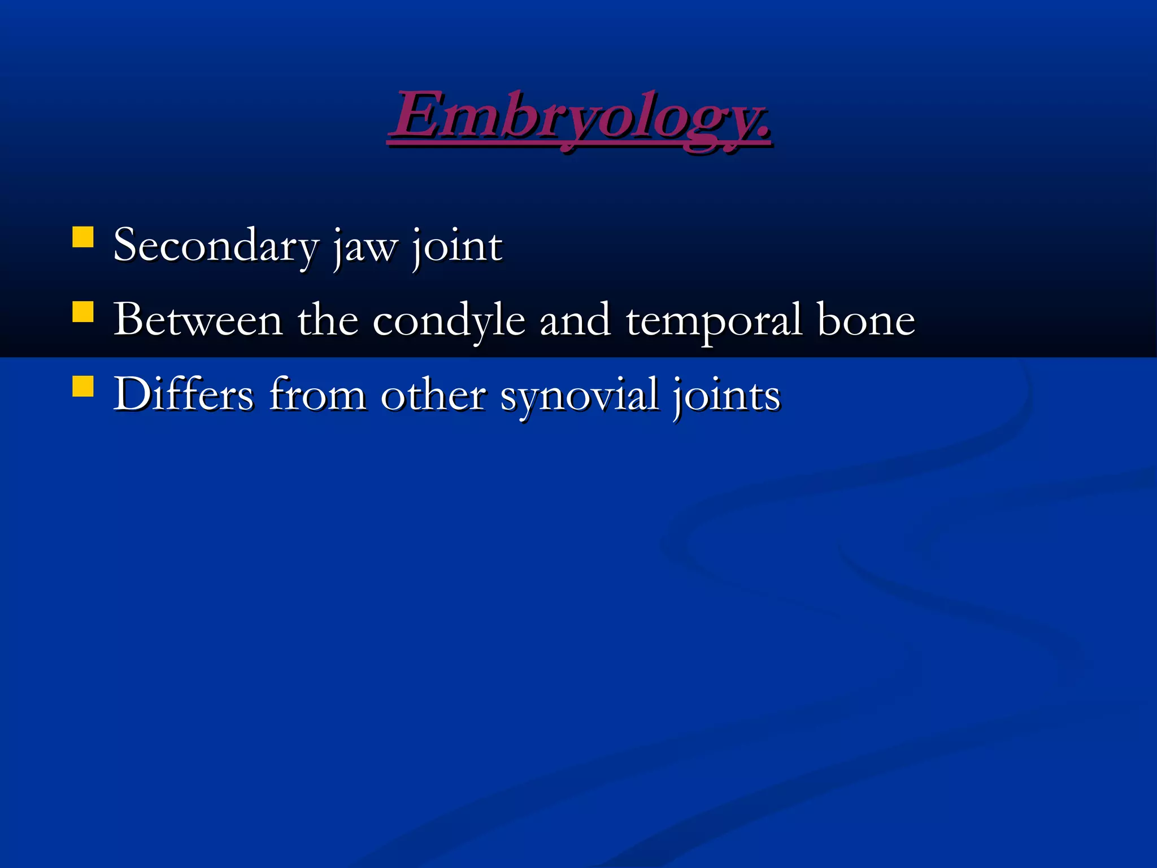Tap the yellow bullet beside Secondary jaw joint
83,237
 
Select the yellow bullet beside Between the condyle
83,312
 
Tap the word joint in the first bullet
456,246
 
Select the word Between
198,320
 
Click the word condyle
449,321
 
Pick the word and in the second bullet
575,320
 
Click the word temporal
714,321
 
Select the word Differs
184,394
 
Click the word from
317,394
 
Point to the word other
433,394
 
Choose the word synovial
579,396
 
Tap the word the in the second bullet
328,320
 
